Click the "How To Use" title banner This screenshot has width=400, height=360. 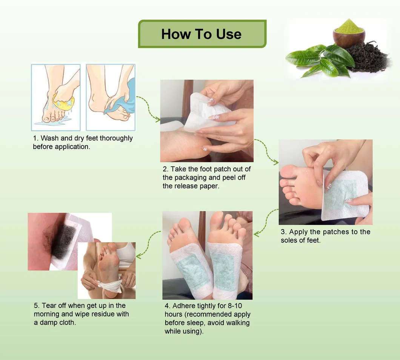click(202, 34)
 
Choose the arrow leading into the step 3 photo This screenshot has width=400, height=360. click(267, 151)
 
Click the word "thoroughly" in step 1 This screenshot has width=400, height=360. click(116, 138)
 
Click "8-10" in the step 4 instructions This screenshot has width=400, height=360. click(235, 306)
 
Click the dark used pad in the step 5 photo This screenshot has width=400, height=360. click(64, 241)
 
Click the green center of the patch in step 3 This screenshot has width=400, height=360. click(340, 195)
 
